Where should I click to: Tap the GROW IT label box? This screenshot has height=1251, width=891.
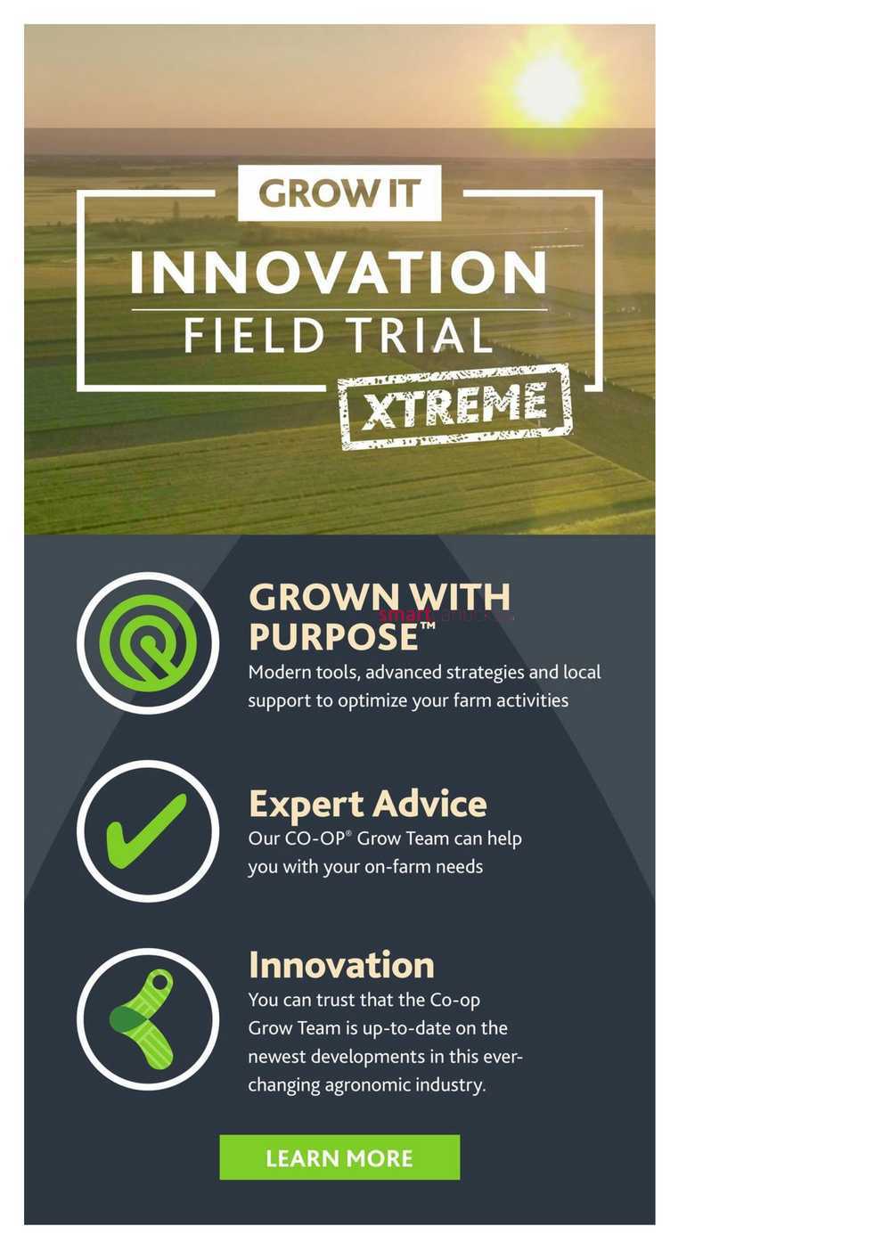point(339,192)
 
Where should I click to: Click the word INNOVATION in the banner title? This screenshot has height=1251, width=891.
point(338,272)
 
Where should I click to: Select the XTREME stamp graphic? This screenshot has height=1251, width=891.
point(455,405)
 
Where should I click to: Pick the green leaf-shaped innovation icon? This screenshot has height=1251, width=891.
point(143,1019)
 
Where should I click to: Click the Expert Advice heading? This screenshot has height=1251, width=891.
point(368,805)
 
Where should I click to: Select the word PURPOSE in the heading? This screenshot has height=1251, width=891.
point(334,637)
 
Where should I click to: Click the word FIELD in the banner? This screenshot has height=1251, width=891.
point(254,336)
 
